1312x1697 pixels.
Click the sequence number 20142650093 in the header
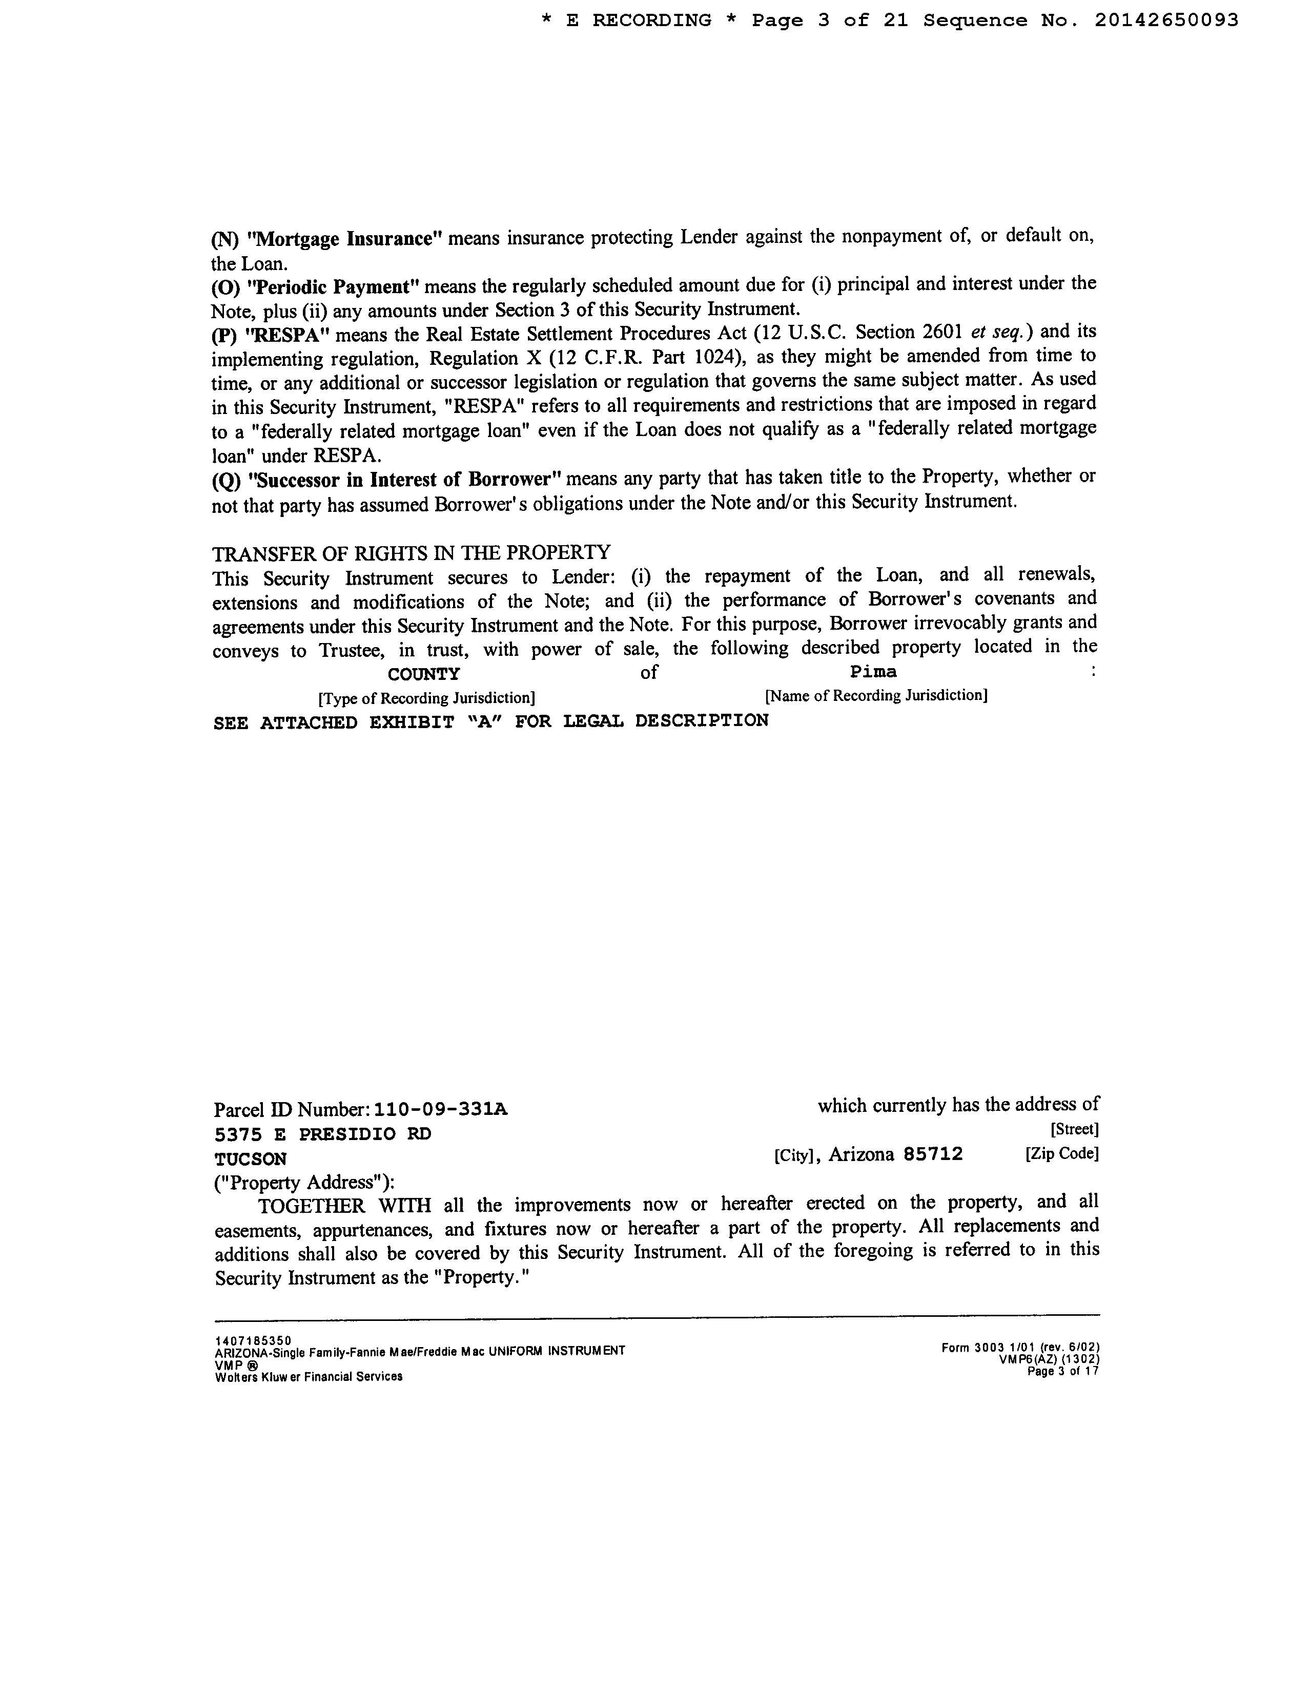[x=1166, y=21]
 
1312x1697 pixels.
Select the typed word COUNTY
[x=424, y=674]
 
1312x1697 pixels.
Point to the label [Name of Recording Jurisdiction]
[x=876, y=695]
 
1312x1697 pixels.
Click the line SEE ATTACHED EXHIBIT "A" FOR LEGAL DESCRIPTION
[x=490, y=722]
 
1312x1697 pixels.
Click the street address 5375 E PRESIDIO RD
[x=322, y=1134]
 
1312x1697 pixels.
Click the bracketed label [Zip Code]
[x=1062, y=1154]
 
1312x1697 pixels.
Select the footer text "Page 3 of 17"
[x=1062, y=1372]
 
